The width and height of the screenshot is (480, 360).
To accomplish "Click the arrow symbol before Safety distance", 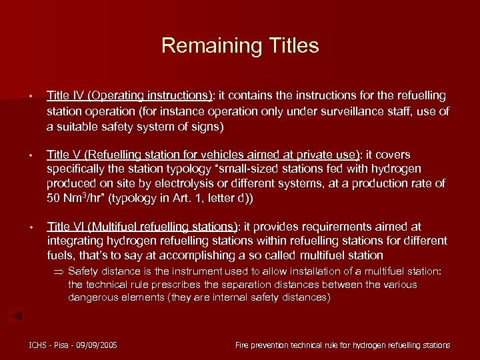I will tap(58, 272).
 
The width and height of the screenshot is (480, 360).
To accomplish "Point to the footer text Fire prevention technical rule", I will tap(293, 345).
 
